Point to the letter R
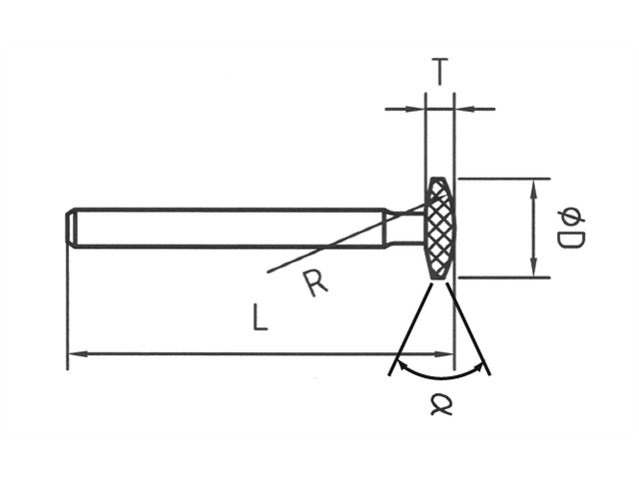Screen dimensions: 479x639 point(315,284)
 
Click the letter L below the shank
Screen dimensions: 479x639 point(260,318)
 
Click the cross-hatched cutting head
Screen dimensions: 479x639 point(439,228)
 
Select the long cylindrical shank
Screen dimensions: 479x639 point(230,228)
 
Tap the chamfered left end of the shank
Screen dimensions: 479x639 point(72,228)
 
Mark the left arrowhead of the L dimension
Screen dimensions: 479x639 point(75,353)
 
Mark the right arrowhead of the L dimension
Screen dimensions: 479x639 point(446,353)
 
